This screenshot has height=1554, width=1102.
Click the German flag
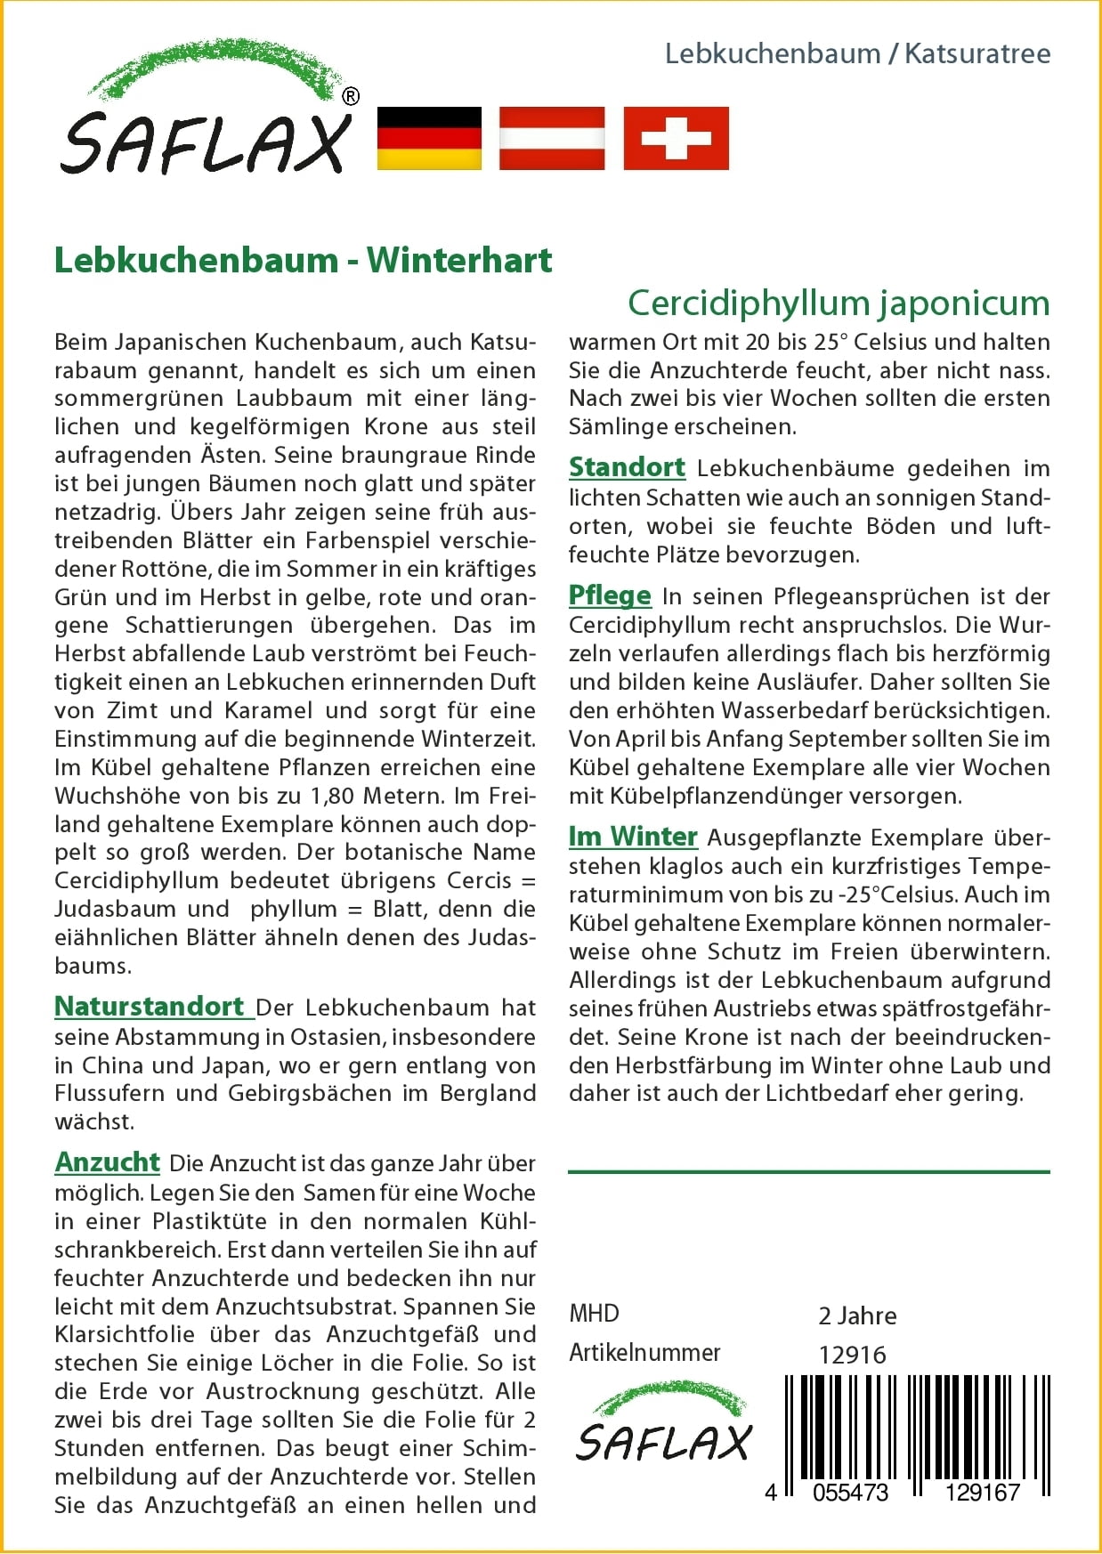(x=429, y=138)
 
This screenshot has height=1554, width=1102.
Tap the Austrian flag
(x=552, y=138)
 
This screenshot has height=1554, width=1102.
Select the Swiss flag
(x=676, y=138)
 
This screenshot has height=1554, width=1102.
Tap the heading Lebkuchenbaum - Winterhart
(x=303, y=260)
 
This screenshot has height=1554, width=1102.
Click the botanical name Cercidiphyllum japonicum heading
(x=839, y=303)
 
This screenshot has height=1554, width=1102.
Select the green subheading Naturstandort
(x=150, y=1006)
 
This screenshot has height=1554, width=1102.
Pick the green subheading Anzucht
(x=107, y=1161)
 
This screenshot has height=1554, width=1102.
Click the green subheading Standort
(x=627, y=466)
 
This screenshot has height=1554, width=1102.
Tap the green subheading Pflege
(x=610, y=595)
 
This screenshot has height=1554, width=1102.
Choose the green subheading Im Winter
(x=633, y=836)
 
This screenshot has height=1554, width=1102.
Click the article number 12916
(x=853, y=1355)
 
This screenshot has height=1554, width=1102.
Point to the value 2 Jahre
(x=857, y=1315)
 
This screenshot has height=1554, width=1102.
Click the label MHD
(x=594, y=1314)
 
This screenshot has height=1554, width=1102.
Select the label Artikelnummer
(x=644, y=1353)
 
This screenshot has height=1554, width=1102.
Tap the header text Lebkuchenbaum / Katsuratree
(x=857, y=53)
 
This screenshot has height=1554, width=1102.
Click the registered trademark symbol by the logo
(x=351, y=96)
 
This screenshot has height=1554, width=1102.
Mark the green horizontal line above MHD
(x=808, y=1171)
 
